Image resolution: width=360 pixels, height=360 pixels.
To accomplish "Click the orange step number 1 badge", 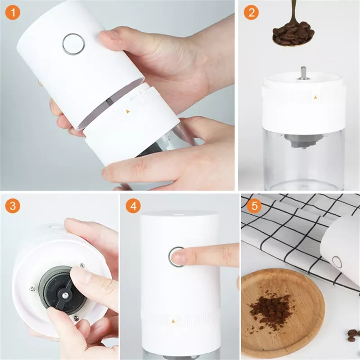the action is pos(13,13).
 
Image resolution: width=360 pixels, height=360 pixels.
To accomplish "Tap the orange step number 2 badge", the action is pos(251,13).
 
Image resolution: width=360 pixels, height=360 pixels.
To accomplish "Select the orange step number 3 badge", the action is pos(13,206).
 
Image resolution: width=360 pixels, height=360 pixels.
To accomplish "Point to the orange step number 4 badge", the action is pos(133,206).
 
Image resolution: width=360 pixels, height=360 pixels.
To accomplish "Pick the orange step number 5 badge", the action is pos(254,206).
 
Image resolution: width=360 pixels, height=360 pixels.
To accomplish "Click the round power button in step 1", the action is pos(73,44).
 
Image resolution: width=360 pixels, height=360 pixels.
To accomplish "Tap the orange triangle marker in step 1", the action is pos(128,112).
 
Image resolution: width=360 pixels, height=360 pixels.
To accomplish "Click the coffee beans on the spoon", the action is pos(293,33).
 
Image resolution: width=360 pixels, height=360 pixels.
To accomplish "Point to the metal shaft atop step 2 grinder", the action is pos(303,73).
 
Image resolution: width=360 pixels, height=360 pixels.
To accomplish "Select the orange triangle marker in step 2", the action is pos(316,97).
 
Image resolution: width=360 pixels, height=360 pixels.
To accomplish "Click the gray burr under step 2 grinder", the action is pos(303,141).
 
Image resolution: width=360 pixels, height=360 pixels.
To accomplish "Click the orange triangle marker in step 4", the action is pos(173,321).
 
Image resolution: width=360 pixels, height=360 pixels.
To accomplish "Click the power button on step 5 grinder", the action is pos(337,262).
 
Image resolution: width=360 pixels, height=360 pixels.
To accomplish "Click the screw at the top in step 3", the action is pos(82,265).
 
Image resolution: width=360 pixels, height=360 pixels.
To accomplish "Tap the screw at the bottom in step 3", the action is pos(76,319).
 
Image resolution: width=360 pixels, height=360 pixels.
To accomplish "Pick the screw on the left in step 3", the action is pos(33,289).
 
